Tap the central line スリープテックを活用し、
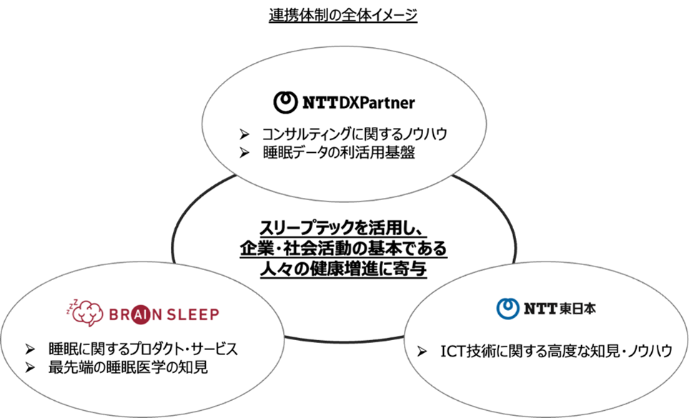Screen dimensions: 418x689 [x=343, y=229]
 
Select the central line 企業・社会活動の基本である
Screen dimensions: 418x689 [x=343, y=248]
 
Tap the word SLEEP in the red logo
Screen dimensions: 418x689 [x=192, y=314]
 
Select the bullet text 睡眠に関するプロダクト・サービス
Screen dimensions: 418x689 [x=142, y=350]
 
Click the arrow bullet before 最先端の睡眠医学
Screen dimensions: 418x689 [x=29, y=369]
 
